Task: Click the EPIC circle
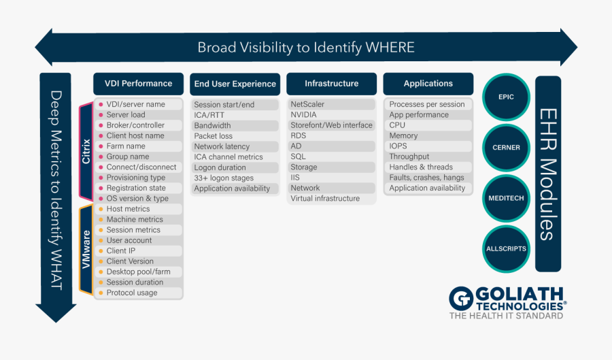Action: [506, 97]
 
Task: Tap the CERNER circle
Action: [506, 148]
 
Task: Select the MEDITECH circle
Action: [506, 198]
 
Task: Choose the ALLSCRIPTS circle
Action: [506, 248]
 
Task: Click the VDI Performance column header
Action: [138, 84]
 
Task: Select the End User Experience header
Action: [235, 84]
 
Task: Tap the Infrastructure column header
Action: [331, 84]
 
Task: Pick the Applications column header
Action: [428, 84]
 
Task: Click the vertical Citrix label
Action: [86, 152]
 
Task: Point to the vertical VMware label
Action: [86, 249]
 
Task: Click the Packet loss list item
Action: [213, 136]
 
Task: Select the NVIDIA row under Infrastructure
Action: [303, 115]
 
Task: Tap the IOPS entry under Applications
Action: [398, 146]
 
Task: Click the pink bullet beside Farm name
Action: [101, 146]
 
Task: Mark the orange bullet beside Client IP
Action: [101, 251]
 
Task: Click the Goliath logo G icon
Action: [461, 299]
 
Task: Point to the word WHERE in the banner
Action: [390, 47]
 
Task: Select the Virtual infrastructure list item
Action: [325, 198]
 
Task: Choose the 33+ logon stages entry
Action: [224, 178]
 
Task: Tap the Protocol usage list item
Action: [132, 293]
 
